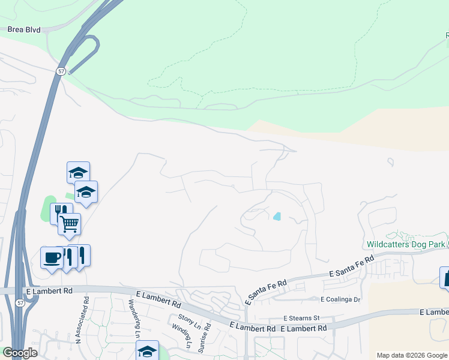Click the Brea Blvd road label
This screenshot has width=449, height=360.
point(25,29)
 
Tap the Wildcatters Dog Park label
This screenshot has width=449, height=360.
point(405,244)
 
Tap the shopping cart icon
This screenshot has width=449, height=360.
point(70,224)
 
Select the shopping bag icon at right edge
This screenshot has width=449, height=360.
point(445,277)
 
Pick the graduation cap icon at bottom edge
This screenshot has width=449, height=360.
point(148,351)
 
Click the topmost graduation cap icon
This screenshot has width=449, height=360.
point(78,172)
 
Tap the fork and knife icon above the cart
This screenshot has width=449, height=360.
point(61,212)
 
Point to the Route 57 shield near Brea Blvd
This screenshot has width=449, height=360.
point(61,71)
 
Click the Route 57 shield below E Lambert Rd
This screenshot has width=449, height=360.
point(22,304)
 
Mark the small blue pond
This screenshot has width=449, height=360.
point(277,216)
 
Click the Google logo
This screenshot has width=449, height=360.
point(20,353)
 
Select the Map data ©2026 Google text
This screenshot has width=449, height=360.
point(412,355)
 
